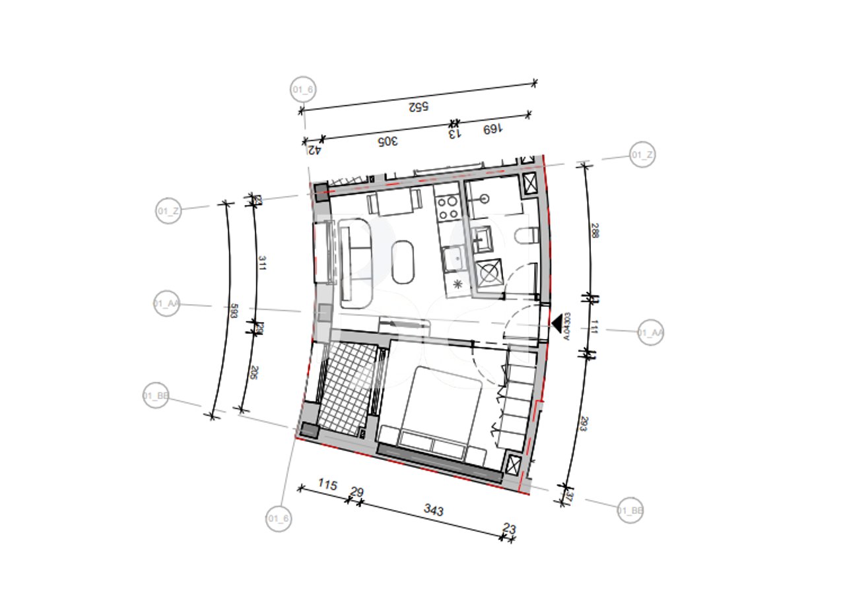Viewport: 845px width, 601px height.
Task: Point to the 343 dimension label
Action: coord(434,511)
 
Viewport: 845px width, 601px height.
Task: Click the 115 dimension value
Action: coord(327,485)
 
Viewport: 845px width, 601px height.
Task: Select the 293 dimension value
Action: coord(583,424)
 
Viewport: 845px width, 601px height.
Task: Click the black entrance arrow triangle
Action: coord(559,323)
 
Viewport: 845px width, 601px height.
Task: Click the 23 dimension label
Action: coord(509,528)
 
